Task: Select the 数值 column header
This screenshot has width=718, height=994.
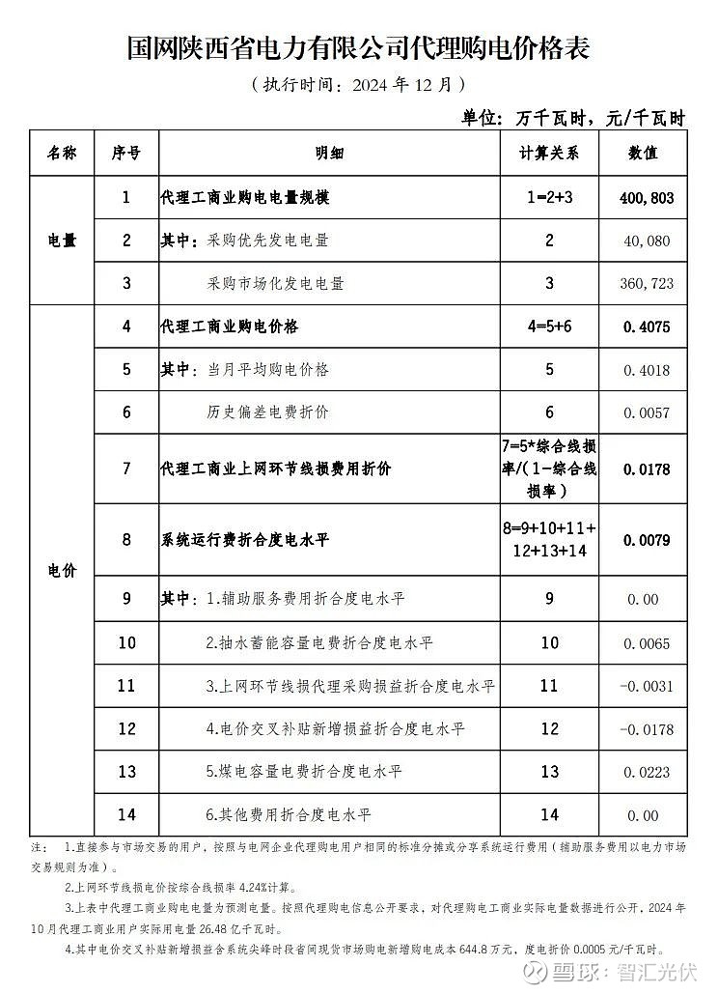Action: (643, 154)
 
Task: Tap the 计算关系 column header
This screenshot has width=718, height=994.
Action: (548, 154)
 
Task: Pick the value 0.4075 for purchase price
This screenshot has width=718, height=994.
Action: (648, 327)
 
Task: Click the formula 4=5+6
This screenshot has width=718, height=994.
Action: (548, 327)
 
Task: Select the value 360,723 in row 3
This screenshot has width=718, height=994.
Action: (648, 284)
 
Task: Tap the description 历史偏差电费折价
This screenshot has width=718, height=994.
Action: (267, 412)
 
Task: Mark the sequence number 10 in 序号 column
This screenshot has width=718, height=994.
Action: (126, 642)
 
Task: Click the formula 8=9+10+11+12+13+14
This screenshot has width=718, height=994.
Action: (548, 539)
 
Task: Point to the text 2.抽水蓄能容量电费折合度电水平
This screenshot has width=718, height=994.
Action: (319, 642)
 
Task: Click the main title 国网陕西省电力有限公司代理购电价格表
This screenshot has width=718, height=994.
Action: (358, 48)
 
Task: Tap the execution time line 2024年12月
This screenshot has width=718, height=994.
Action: (358, 84)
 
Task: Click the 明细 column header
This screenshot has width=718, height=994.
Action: (329, 154)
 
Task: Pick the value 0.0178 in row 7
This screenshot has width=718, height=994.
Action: (648, 469)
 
